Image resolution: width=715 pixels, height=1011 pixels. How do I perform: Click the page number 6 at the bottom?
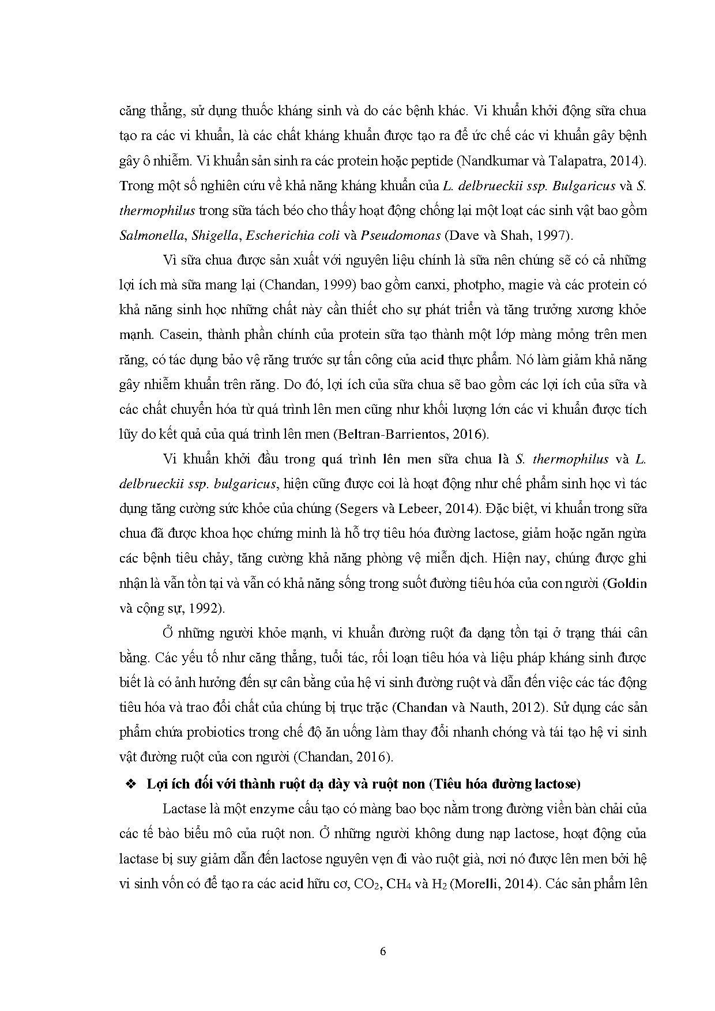click(383, 951)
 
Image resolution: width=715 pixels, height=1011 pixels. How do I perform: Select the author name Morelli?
click(473, 883)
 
